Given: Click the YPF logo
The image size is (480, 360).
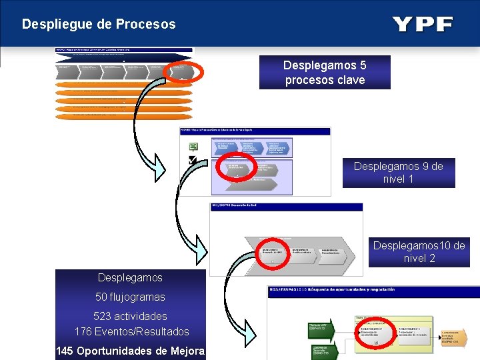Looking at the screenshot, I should [x=423, y=25].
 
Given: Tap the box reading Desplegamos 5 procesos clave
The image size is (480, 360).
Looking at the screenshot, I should [x=325, y=73].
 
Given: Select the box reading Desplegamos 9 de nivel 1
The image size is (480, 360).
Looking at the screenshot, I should [x=398, y=172].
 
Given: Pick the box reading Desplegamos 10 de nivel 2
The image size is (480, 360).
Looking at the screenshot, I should [x=419, y=252].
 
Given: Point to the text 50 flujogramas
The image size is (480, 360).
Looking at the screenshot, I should [x=130, y=297].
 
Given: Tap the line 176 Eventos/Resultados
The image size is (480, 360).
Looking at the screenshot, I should [x=131, y=331].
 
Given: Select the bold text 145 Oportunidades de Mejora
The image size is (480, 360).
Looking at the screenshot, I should [x=131, y=351].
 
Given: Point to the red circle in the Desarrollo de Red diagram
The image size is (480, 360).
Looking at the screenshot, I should [x=273, y=252].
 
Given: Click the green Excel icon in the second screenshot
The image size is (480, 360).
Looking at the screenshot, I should [x=193, y=146].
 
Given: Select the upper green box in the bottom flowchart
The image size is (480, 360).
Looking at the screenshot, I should [x=321, y=328].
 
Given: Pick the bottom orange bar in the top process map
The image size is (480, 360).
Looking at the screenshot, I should [x=123, y=115].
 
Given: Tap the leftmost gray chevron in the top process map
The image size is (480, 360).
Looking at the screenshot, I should [x=66, y=70].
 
